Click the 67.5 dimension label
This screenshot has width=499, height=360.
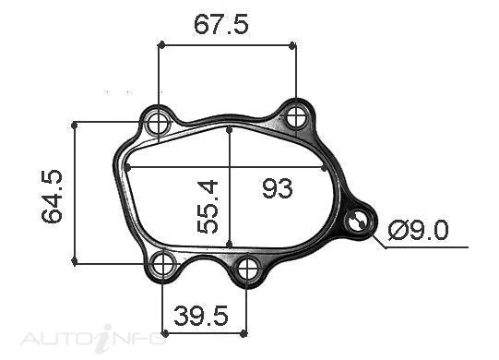(x=220, y=25)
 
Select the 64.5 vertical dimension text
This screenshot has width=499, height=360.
(x=53, y=197)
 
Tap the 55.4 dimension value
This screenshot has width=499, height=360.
(x=208, y=207)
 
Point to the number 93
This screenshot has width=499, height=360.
(x=278, y=188)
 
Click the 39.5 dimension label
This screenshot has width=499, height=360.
(x=201, y=316)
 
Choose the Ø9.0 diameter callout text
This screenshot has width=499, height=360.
(x=419, y=231)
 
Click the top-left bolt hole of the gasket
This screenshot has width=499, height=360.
(x=158, y=124)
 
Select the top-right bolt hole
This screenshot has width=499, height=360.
(x=296, y=117)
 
